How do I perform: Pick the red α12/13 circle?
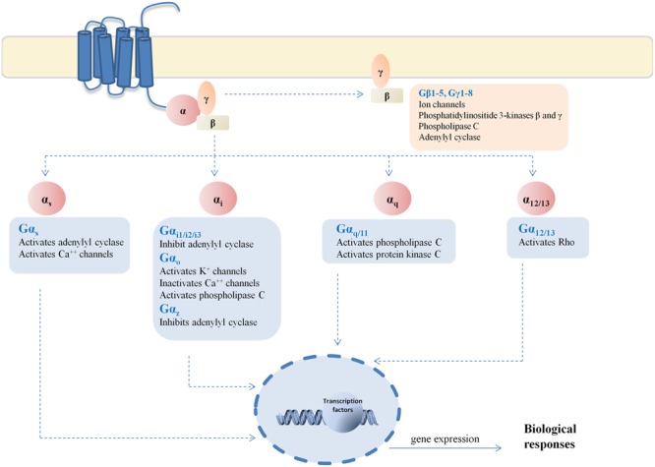[x=533, y=197]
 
